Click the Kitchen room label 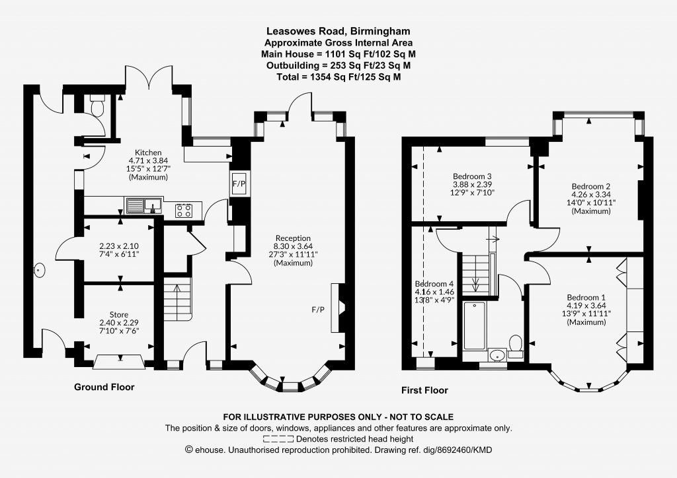148,153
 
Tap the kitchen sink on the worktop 143,205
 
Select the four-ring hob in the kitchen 184,211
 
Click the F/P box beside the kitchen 239,184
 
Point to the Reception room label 293,238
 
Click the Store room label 119,315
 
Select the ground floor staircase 177,298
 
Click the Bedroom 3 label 472,176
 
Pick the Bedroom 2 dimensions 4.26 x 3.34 591,194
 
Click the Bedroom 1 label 586,297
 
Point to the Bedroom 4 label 434,284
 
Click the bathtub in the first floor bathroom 475,326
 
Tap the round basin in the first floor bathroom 497,355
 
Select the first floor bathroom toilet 516,345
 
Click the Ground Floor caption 104,387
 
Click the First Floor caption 425,390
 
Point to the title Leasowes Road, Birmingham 338,31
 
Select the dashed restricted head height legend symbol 278,439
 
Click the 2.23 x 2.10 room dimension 119,246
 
